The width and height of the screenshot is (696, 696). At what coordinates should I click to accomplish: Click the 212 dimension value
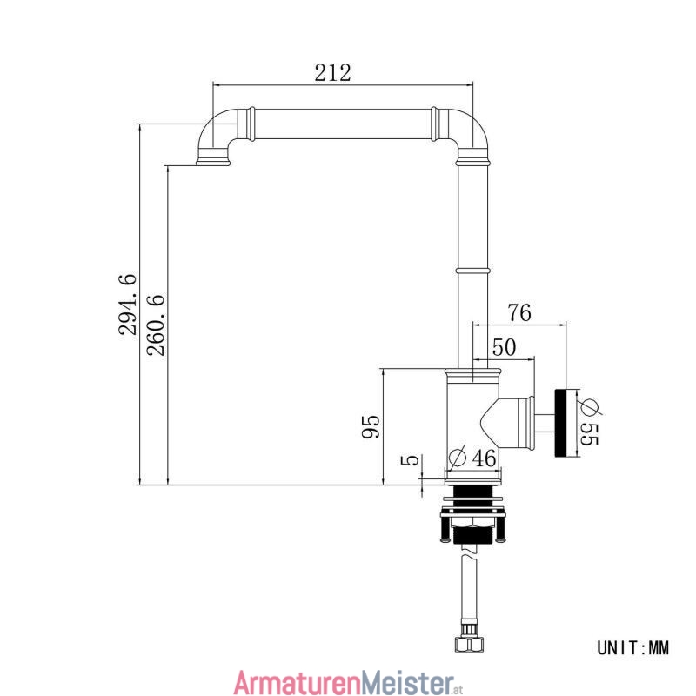[x=332, y=73]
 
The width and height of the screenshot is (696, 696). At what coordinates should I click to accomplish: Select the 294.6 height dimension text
[x=128, y=304]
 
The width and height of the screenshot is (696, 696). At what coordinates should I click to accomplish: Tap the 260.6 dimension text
[x=156, y=325]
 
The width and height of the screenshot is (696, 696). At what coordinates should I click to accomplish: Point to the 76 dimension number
[x=519, y=312]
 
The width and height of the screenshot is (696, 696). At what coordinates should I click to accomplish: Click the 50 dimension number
[x=505, y=347]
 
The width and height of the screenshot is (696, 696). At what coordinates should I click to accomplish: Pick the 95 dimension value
[x=371, y=426]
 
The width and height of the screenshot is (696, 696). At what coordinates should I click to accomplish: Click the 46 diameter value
[x=484, y=458]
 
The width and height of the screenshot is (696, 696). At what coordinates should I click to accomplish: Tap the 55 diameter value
[x=590, y=433]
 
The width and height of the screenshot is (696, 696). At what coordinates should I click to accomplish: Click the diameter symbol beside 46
[x=458, y=458]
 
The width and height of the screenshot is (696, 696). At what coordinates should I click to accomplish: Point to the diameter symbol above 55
[x=590, y=406]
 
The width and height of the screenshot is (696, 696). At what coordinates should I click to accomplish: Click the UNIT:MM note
[x=632, y=648]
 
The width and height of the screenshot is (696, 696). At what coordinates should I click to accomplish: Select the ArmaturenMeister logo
[x=349, y=682]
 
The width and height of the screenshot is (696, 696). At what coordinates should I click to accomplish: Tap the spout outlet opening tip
[x=213, y=164]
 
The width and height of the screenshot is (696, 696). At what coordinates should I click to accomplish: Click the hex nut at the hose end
[x=469, y=644]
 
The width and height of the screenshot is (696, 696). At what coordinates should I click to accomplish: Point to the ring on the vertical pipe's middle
[x=473, y=270]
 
